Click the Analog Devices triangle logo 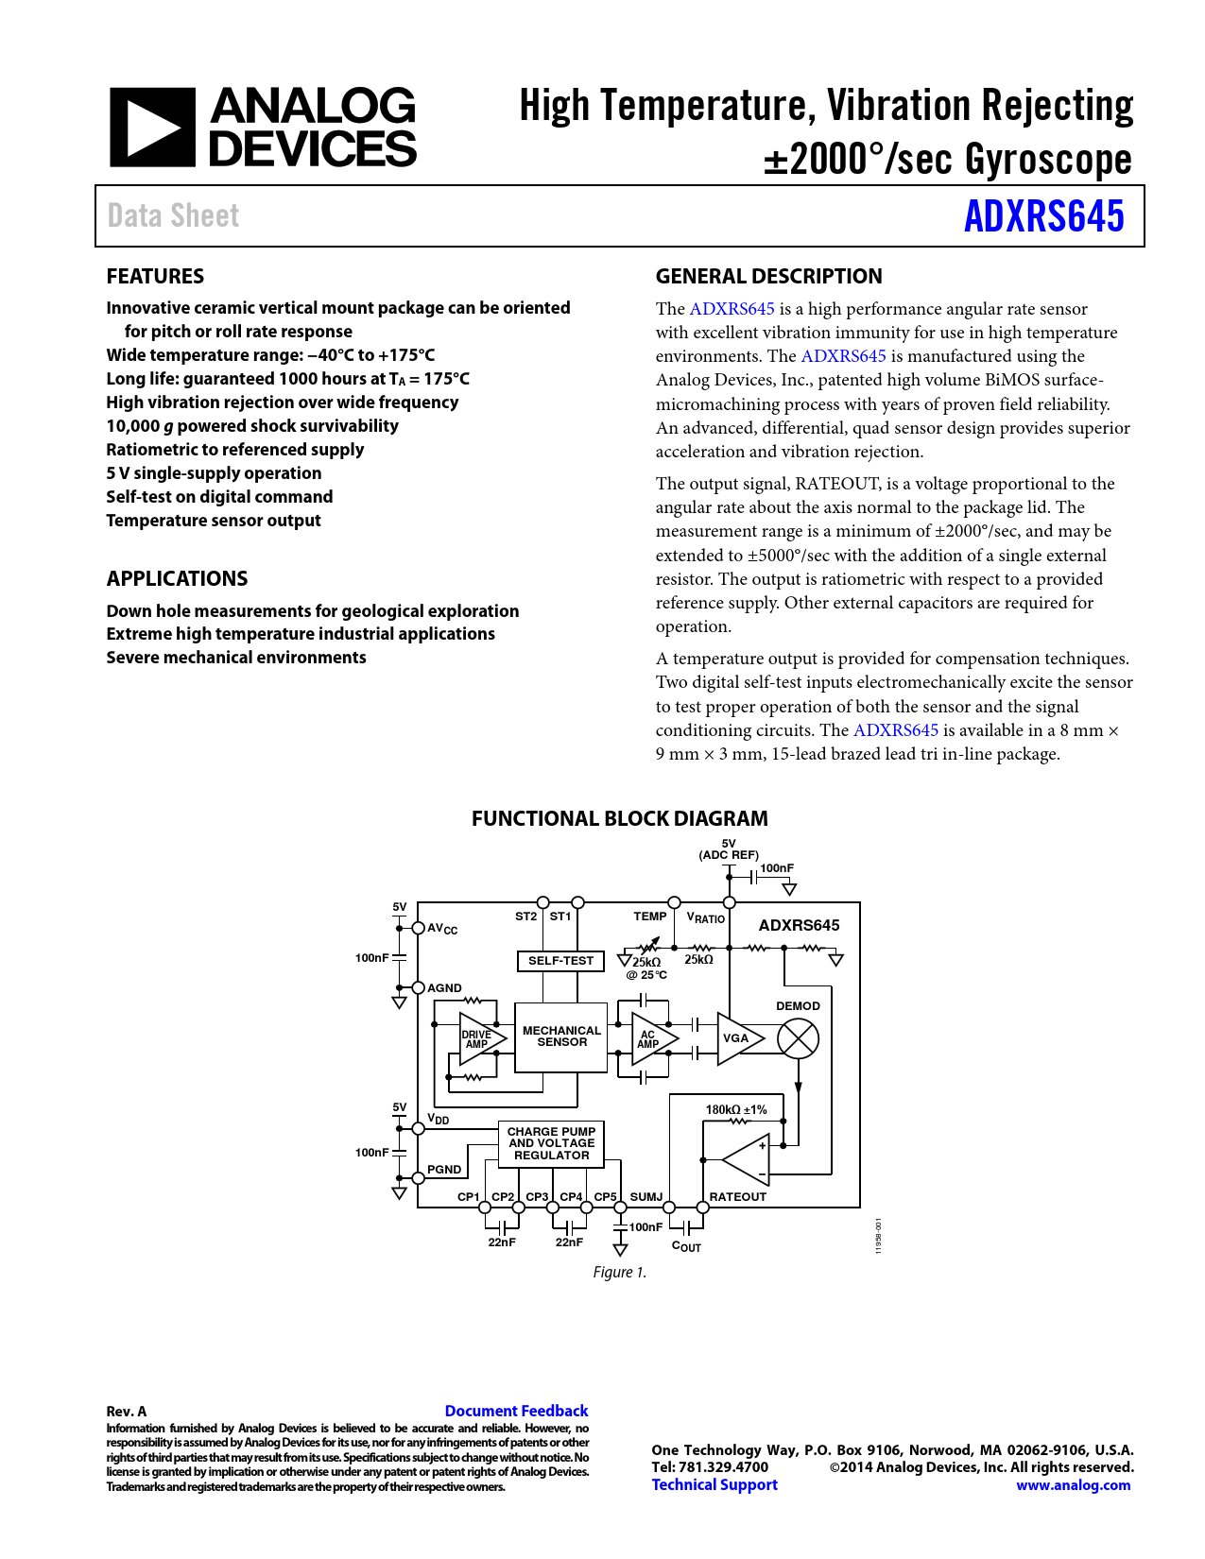[x=152, y=128]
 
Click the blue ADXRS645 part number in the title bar [x=1043, y=216]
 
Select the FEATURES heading [x=155, y=276]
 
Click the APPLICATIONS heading [x=177, y=578]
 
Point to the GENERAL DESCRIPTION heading [x=768, y=276]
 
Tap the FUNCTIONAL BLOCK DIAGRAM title [x=619, y=818]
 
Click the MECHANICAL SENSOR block [x=561, y=1036]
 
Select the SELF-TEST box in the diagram [x=560, y=961]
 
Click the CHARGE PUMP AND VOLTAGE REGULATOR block [x=551, y=1143]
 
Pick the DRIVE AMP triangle [x=479, y=1038]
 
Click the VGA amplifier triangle [x=737, y=1038]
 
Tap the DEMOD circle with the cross [x=798, y=1039]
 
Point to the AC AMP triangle [x=651, y=1039]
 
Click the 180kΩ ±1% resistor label [x=736, y=1110]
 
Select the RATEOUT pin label [x=737, y=1197]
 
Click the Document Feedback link [x=516, y=1411]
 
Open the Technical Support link [x=714, y=1484]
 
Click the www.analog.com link [x=1073, y=1485]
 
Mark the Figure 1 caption [x=619, y=1272]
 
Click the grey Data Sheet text [x=173, y=216]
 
